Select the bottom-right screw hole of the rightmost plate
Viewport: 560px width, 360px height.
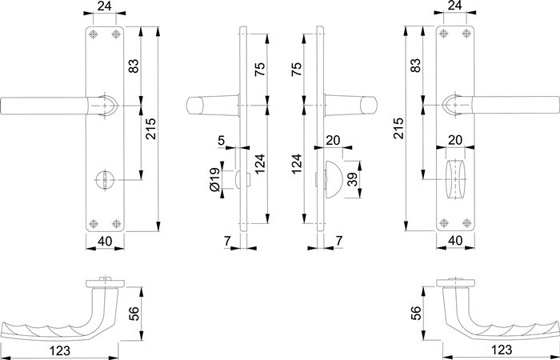coord(464,223)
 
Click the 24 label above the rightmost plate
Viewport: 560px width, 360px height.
coord(454,6)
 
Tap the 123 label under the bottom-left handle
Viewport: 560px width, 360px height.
coord(58,350)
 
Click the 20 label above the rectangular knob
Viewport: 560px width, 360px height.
coord(455,139)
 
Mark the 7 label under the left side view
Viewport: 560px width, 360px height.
coord(227,240)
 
